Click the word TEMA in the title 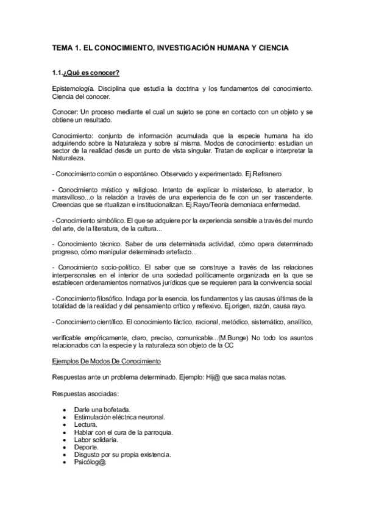tap(62, 47)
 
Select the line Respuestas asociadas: tap(85, 393)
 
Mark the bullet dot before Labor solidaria tap(65, 440)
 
